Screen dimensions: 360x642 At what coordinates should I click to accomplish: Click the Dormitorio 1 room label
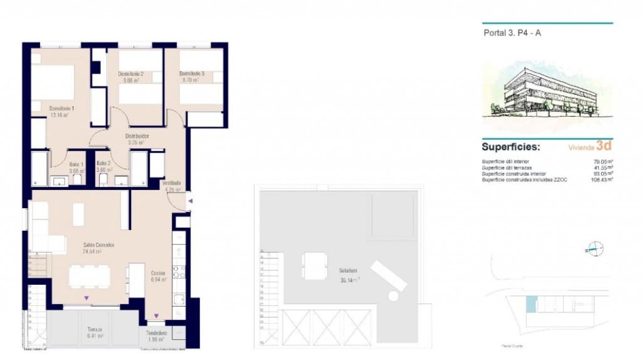(x=62, y=109)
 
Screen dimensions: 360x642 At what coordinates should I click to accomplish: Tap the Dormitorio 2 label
(x=131, y=74)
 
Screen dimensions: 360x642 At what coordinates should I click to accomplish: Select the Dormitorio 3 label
(x=192, y=74)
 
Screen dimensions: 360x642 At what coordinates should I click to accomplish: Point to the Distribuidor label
(x=137, y=135)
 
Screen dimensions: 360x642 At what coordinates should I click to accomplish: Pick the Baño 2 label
(x=103, y=163)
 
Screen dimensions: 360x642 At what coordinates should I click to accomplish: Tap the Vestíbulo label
(x=171, y=184)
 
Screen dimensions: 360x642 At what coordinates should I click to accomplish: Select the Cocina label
(x=158, y=273)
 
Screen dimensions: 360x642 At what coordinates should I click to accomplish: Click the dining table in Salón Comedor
(x=89, y=276)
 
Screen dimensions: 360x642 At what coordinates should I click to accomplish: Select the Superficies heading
(x=510, y=147)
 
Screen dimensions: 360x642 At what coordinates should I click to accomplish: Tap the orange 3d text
(x=604, y=146)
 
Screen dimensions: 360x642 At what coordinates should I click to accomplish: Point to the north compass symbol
(x=596, y=248)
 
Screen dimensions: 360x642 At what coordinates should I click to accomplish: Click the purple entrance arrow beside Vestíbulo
(x=191, y=201)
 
